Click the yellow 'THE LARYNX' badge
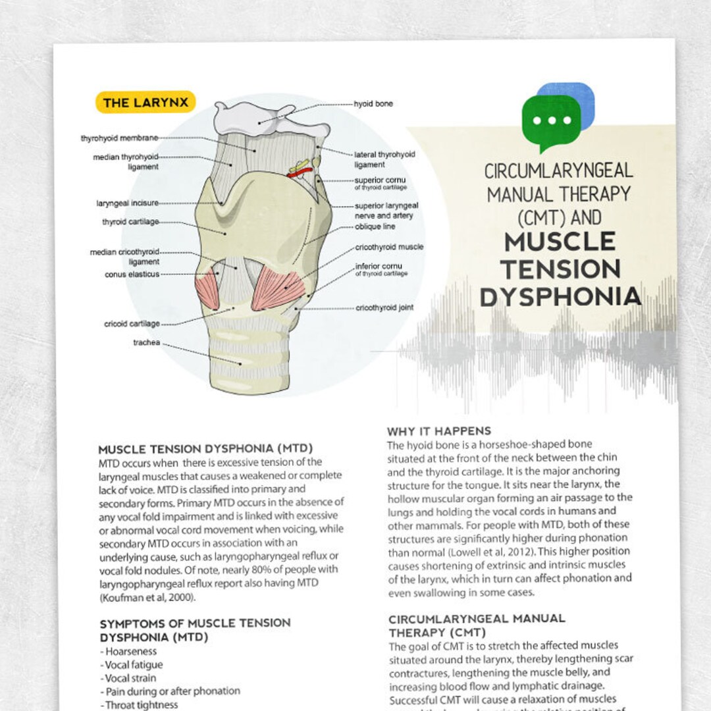coord(145,102)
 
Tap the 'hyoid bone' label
coord(373,104)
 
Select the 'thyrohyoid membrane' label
coord(119,138)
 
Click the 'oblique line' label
coord(375,227)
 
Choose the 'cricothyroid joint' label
coord(384,307)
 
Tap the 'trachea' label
coord(146,342)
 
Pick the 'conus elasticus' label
coord(132,275)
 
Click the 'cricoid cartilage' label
coord(132,324)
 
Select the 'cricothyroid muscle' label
coord(389,247)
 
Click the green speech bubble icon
coord(551,121)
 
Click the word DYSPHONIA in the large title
coord(560,297)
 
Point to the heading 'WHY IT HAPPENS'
coord(438,431)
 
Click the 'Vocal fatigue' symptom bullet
coord(134,665)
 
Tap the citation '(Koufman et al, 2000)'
coord(147,598)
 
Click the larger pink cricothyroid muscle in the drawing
coord(278,287)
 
